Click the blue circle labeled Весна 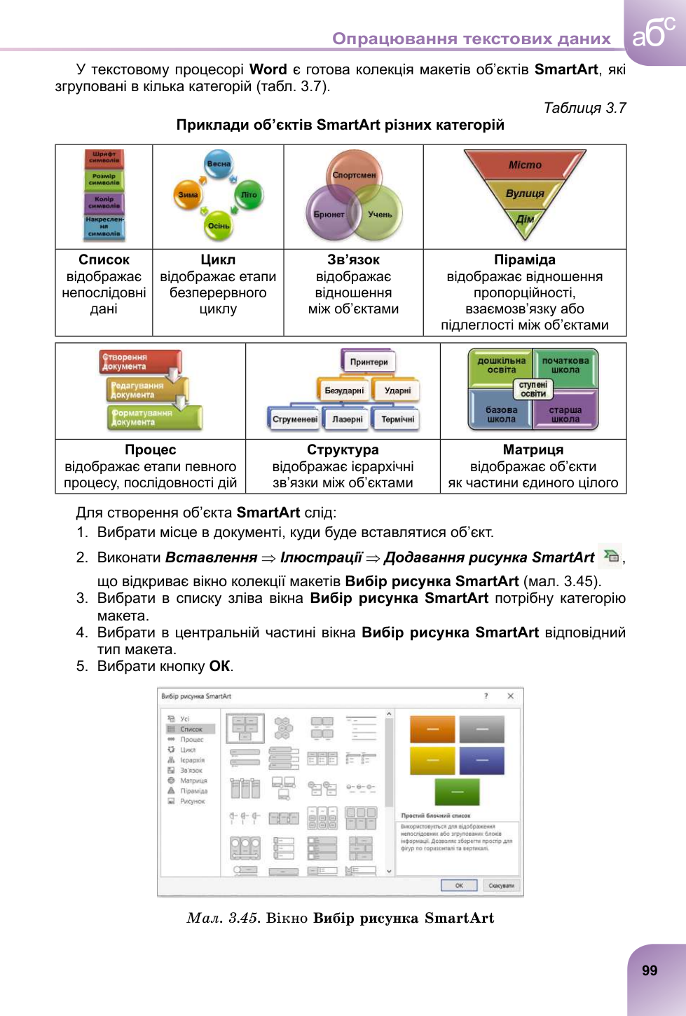219,163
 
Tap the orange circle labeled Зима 188,194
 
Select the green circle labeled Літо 249,194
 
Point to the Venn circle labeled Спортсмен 354,175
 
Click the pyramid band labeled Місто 525,165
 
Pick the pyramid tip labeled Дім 525,219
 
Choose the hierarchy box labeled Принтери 369,362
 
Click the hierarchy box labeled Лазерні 348,419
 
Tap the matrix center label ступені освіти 533,389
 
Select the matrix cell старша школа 565,414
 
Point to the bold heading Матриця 533,450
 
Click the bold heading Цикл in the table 218,260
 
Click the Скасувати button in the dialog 501,885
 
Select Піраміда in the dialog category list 193,791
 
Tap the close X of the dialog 510,696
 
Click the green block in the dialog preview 457,792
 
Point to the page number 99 650,970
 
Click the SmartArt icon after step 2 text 611,555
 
